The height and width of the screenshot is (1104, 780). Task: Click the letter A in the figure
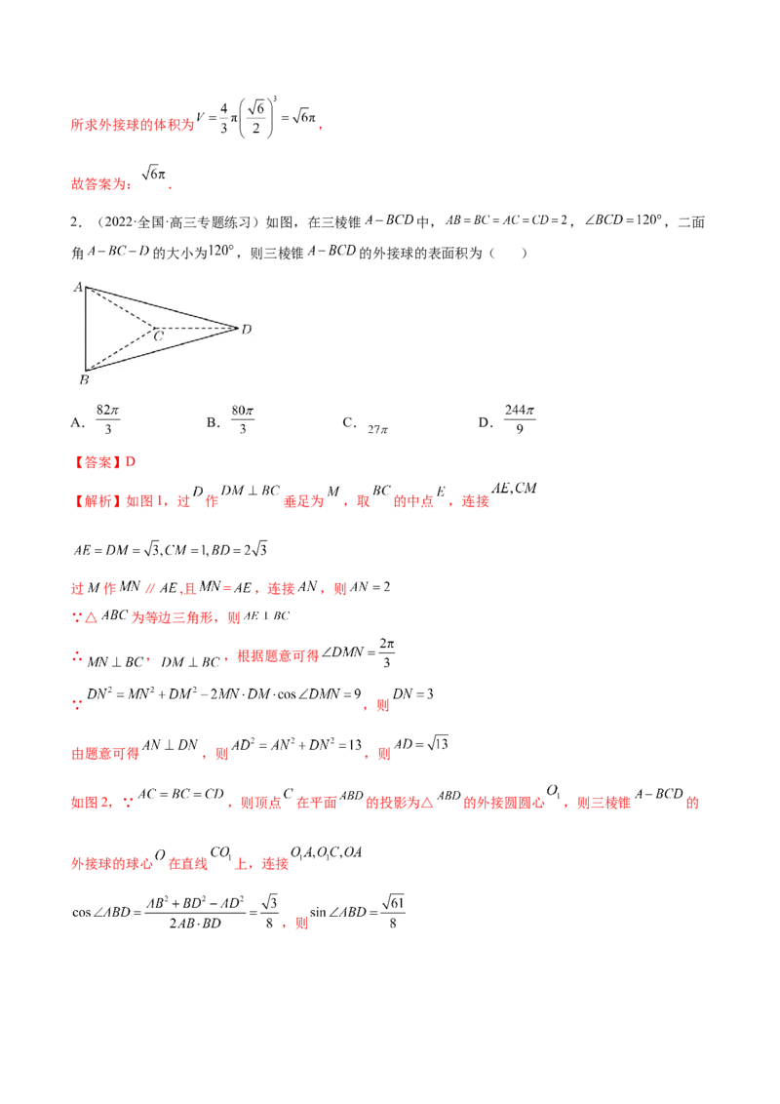pos(77,286)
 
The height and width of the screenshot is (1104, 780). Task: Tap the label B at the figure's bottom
pos(84,379)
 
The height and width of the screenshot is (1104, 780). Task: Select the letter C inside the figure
pos(157,336)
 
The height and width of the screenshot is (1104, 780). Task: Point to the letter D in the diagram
pos(247,329)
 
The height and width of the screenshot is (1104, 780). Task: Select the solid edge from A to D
pos(162,307)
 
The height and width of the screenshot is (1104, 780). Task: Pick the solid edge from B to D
pos(162,349)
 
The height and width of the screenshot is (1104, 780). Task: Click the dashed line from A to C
pos(121,307)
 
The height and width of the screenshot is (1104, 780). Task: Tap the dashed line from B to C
pos(121,349)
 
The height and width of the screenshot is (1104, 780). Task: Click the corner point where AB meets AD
pos(86,288)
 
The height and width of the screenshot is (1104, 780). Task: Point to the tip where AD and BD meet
pos(238,328)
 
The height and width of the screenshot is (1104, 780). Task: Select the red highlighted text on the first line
pos(132,125)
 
